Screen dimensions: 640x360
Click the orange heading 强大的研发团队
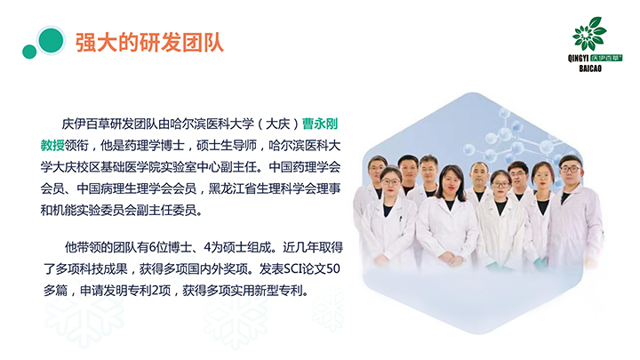[x=149, y=43]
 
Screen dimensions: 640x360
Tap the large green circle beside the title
[x=51, y=40]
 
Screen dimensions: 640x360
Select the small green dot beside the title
[x=29, y=52]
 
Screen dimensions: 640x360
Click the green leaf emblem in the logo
[x=589, y=34]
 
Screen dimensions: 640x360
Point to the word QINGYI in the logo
[x=578, y=59]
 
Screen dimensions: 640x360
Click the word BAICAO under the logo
[x=590, y=68]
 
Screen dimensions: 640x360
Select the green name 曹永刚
[x=320, y=124]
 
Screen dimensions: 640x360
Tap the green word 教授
[x=52, y=145]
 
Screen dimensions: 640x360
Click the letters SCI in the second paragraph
[x=293, y=268]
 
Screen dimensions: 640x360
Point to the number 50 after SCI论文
[x=333, y=268]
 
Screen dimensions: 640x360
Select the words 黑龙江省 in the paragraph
[x=232, y=188]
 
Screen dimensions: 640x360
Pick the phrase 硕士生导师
[x=227, y=145]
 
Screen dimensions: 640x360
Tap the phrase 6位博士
[x=170, y=247]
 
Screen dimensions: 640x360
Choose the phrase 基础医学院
[x=130, y=167]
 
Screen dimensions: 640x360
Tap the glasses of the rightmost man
[x=570, y=169]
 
